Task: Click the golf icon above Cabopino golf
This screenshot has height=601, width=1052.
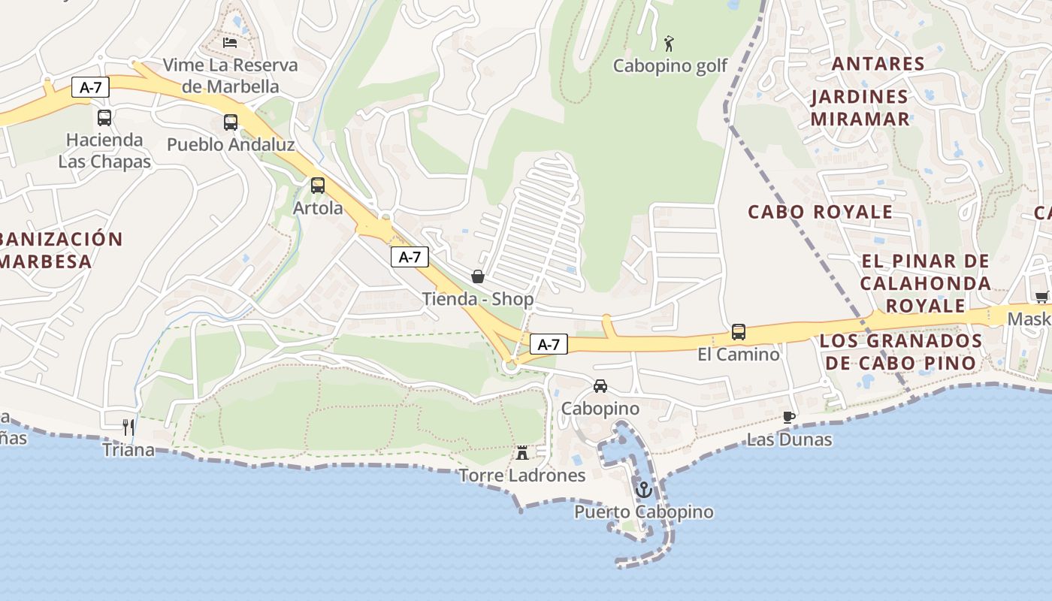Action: [x=669, y=44]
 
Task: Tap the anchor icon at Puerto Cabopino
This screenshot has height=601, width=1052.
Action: [x=643, y=490]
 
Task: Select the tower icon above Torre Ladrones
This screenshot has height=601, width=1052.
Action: [x=522, y=452]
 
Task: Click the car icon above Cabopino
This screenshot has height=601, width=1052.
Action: [x=600, y=386]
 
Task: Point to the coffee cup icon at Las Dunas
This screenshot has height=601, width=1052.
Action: [x=788, y=417]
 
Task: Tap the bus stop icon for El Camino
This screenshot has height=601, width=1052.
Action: [x=739, y=331]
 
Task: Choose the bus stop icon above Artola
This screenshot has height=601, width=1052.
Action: [x=318, y=185]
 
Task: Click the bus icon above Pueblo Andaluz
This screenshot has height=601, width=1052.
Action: [x=231, y=122]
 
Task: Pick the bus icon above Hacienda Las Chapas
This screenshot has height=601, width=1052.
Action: [x=104, y=117]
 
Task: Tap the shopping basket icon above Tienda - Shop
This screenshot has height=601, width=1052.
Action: [x=478, y=276]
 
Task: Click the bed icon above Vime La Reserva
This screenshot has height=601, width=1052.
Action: [x=230, y=42]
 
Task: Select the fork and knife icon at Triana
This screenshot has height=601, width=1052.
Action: [x=128, y=427]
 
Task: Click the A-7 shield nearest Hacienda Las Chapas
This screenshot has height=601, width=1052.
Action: [x=90, y=87]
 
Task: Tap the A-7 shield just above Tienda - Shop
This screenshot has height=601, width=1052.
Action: [x=410, y=257]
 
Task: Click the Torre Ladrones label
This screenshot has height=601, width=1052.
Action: [x=522, y=476]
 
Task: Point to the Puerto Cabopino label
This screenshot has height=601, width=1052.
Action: [x=644, y=512]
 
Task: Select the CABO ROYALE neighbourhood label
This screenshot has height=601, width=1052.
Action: [x=821, y=212]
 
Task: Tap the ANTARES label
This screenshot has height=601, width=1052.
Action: [x=878, y=64]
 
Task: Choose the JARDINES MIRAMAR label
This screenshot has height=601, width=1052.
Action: [x=860, y=107]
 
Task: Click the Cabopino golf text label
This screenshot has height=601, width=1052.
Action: [x=670, y=66]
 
